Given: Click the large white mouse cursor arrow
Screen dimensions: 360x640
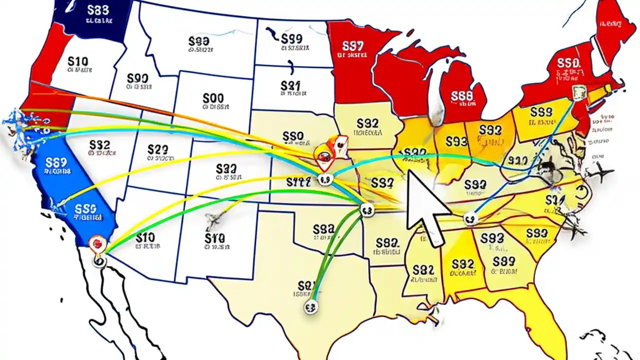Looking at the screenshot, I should coord(425,207).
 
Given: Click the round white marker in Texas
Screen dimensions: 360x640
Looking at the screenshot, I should coord(311,306).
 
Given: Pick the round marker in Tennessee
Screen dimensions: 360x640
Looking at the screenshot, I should coord(468,218).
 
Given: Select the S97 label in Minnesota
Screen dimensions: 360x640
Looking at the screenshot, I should coord(353,46).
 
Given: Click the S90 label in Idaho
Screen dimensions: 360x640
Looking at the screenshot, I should coord(137,78).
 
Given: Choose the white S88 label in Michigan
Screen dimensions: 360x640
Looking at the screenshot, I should coord(461,96).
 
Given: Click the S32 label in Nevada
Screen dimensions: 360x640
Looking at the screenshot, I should coord(99,145).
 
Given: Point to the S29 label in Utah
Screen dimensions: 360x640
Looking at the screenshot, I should coord(157,149).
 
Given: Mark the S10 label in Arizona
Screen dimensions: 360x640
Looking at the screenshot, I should coord(145,237).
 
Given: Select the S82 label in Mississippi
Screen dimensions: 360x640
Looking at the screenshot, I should coord(423,270).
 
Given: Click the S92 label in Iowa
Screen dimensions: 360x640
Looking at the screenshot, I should coord(368,123).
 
